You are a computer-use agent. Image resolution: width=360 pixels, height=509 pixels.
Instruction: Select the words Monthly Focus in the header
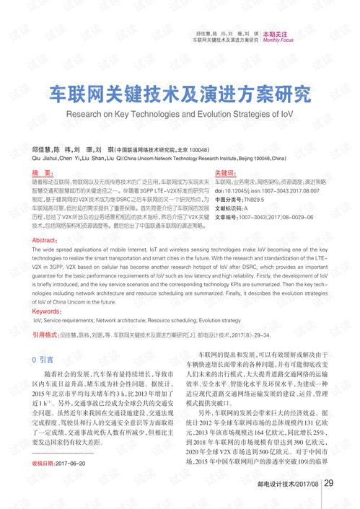278,40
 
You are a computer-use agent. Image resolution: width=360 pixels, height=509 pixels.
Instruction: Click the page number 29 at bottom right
328,483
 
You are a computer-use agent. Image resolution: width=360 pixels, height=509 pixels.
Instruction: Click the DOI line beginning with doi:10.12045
271,190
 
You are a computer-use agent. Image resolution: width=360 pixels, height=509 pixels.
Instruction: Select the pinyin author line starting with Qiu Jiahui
159,157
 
